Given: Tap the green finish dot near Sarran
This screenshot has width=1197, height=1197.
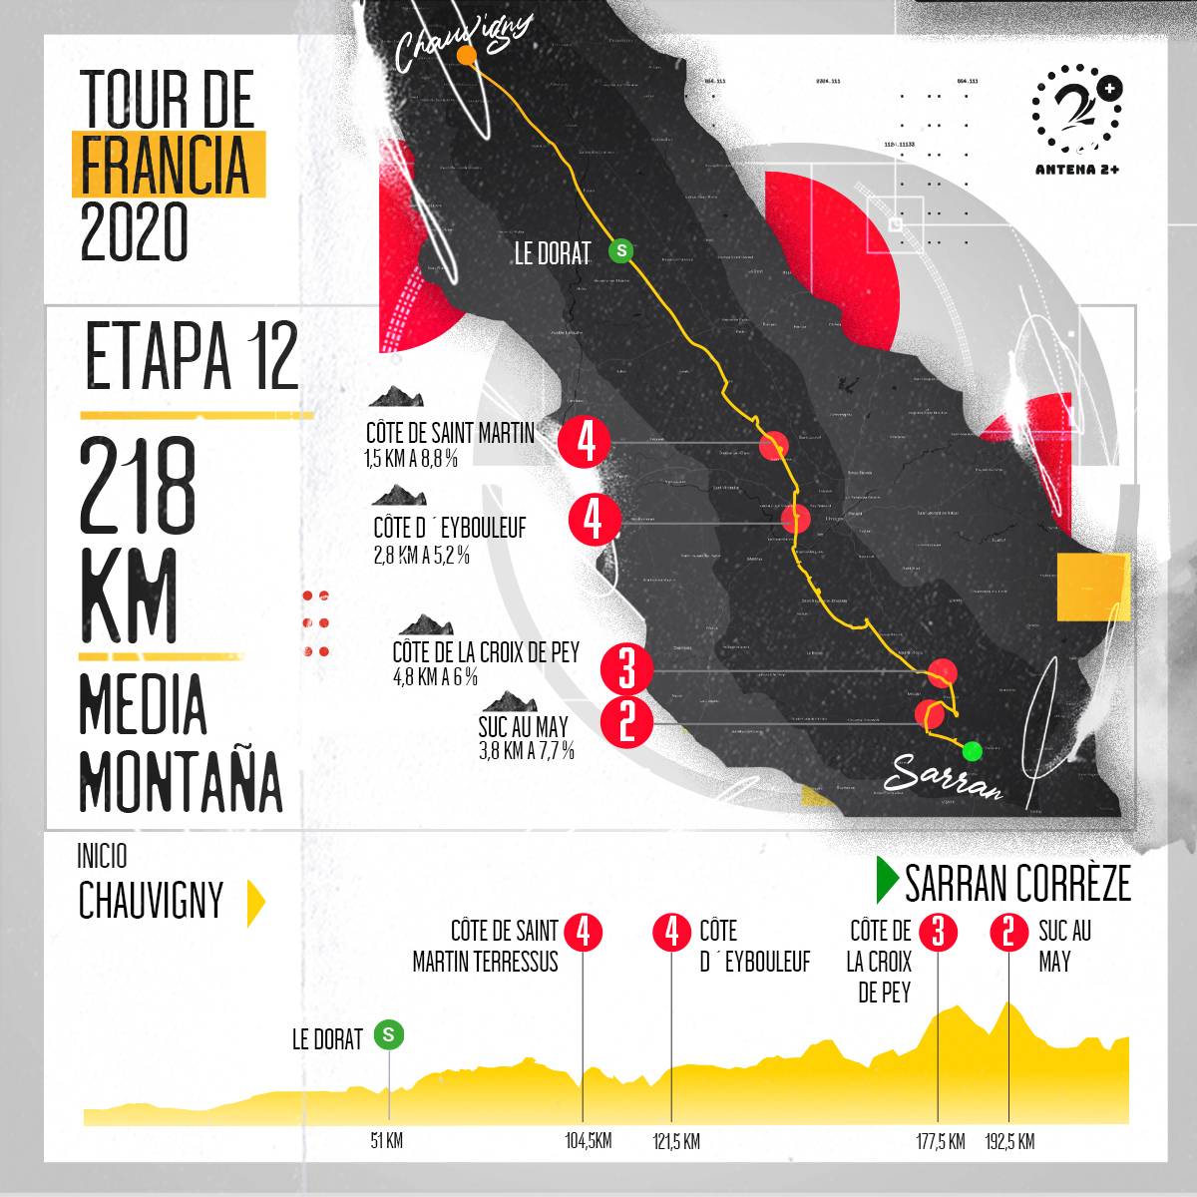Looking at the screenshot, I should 972,750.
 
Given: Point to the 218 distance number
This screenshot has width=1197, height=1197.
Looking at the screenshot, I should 139,487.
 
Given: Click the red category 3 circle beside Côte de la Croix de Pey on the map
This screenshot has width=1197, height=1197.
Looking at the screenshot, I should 626,668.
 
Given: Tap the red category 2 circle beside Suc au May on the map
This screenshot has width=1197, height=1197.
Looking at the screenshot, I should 626,721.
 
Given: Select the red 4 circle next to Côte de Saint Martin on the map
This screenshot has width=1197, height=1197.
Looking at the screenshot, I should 586,441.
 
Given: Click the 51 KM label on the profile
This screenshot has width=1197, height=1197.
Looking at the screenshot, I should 386,1141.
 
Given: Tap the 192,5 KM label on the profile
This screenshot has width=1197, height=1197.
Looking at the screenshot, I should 1009,1141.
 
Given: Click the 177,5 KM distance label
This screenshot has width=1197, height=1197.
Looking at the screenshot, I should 940,1141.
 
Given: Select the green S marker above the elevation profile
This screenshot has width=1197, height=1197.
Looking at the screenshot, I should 389,1035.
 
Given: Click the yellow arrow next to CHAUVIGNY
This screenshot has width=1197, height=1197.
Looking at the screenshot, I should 255,903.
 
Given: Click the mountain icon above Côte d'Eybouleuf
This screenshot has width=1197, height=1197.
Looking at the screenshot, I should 399,496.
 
